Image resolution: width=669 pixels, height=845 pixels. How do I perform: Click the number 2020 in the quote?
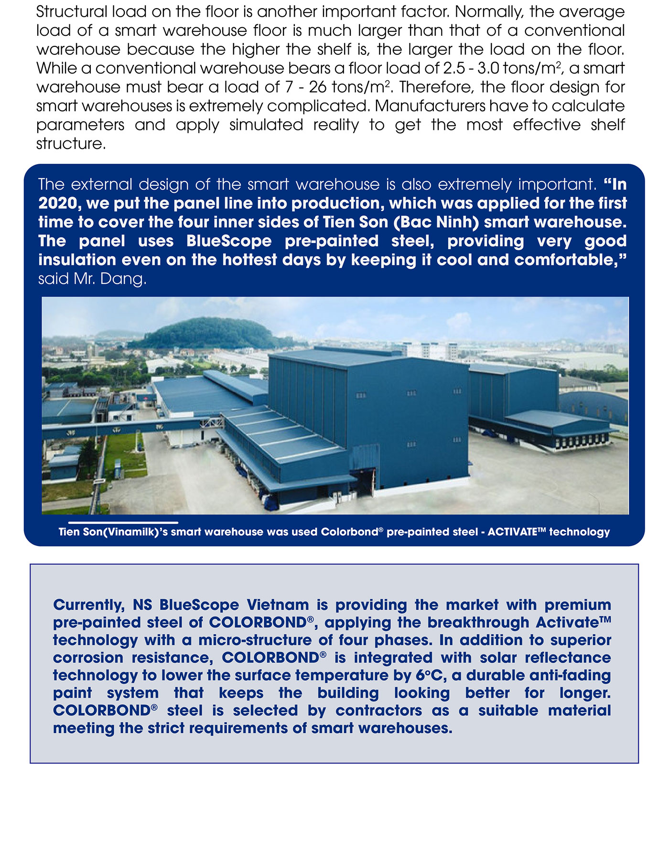point(57,204)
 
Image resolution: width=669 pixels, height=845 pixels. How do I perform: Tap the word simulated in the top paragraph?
point(266,125)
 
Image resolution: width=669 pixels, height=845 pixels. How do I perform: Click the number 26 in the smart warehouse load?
point(317,87)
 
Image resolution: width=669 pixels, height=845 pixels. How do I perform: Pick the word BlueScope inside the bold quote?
point(229,241)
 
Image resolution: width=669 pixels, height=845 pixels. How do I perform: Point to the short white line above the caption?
point(123,523)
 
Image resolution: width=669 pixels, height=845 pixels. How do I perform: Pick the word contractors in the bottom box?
point(378,711)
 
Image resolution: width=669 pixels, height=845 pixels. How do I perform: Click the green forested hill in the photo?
point(205,332)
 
